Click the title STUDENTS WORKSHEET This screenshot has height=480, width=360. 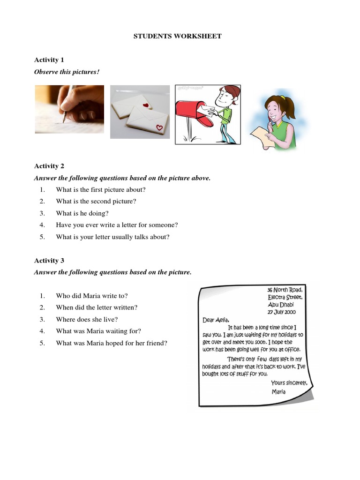point(178,36)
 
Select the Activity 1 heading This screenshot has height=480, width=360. point(49,60)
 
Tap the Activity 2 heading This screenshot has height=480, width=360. point(49,166)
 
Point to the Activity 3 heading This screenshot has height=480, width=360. point(49,260)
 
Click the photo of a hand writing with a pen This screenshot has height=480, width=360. point(69,109)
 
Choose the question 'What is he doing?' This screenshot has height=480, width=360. point(82,213)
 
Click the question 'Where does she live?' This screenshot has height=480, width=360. point(86,319)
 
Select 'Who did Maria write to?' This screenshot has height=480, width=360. point(91,296)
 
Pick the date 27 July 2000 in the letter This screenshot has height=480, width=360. point(281,312)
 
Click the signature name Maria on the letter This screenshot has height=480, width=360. point(278,391)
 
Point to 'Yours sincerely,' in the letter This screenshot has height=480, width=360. point(289,382)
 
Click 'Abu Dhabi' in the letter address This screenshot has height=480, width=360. point(281,304)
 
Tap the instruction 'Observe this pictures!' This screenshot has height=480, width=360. point(67,72)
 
